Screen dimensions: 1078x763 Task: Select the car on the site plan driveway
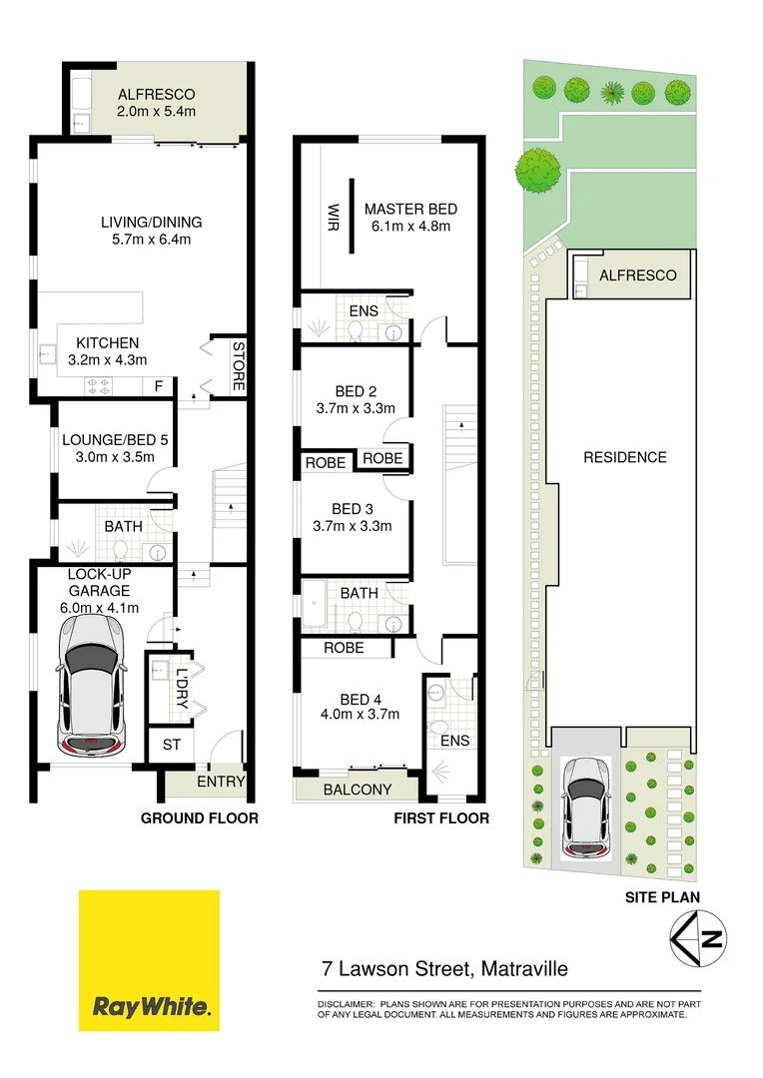click(587, 808)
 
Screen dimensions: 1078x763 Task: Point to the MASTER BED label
click(410, 209)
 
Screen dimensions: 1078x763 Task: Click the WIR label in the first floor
click(334, 217)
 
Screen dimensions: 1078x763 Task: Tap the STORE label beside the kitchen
click(239, 364)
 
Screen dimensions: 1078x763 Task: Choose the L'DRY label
click(182, 687)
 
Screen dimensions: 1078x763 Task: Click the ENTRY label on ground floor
click(221, 782)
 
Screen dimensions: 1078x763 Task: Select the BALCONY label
click(358, 790)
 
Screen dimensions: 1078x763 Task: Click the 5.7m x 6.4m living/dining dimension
click(151, 240)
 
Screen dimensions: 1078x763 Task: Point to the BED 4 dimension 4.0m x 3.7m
click(361, 714)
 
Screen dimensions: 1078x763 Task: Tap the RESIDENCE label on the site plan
click(624, 457)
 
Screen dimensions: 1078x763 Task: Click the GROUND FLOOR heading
click(199, 818)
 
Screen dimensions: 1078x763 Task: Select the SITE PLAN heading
click(662, 897)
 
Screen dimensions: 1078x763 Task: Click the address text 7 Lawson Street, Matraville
click(444, 968)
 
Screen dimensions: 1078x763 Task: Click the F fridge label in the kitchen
click(157, 385)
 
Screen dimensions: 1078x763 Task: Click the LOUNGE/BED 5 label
click(108, 439)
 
